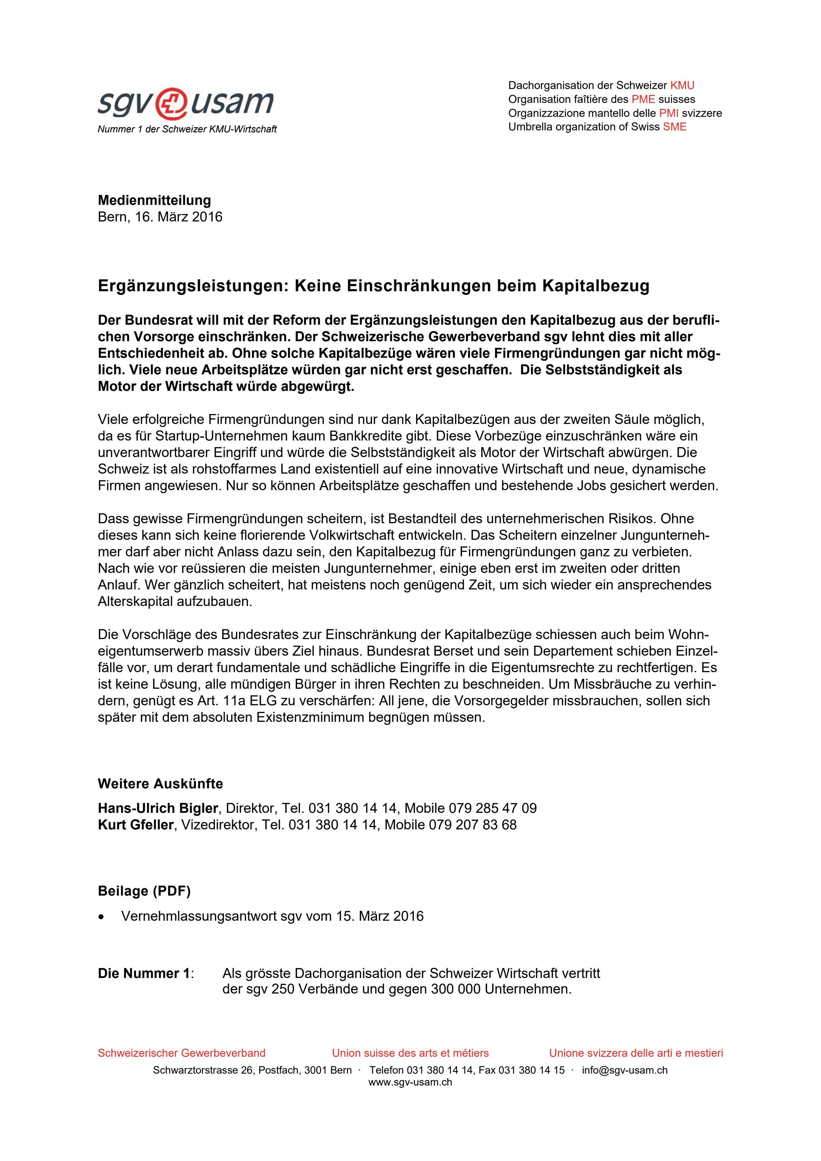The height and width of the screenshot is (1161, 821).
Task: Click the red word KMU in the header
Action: pos(682,85)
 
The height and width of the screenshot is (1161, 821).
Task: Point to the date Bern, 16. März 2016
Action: pos(160,217)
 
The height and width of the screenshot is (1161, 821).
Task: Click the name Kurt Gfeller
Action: pos(135,825)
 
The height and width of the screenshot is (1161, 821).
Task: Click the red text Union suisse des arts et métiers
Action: pos(410,1053)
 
